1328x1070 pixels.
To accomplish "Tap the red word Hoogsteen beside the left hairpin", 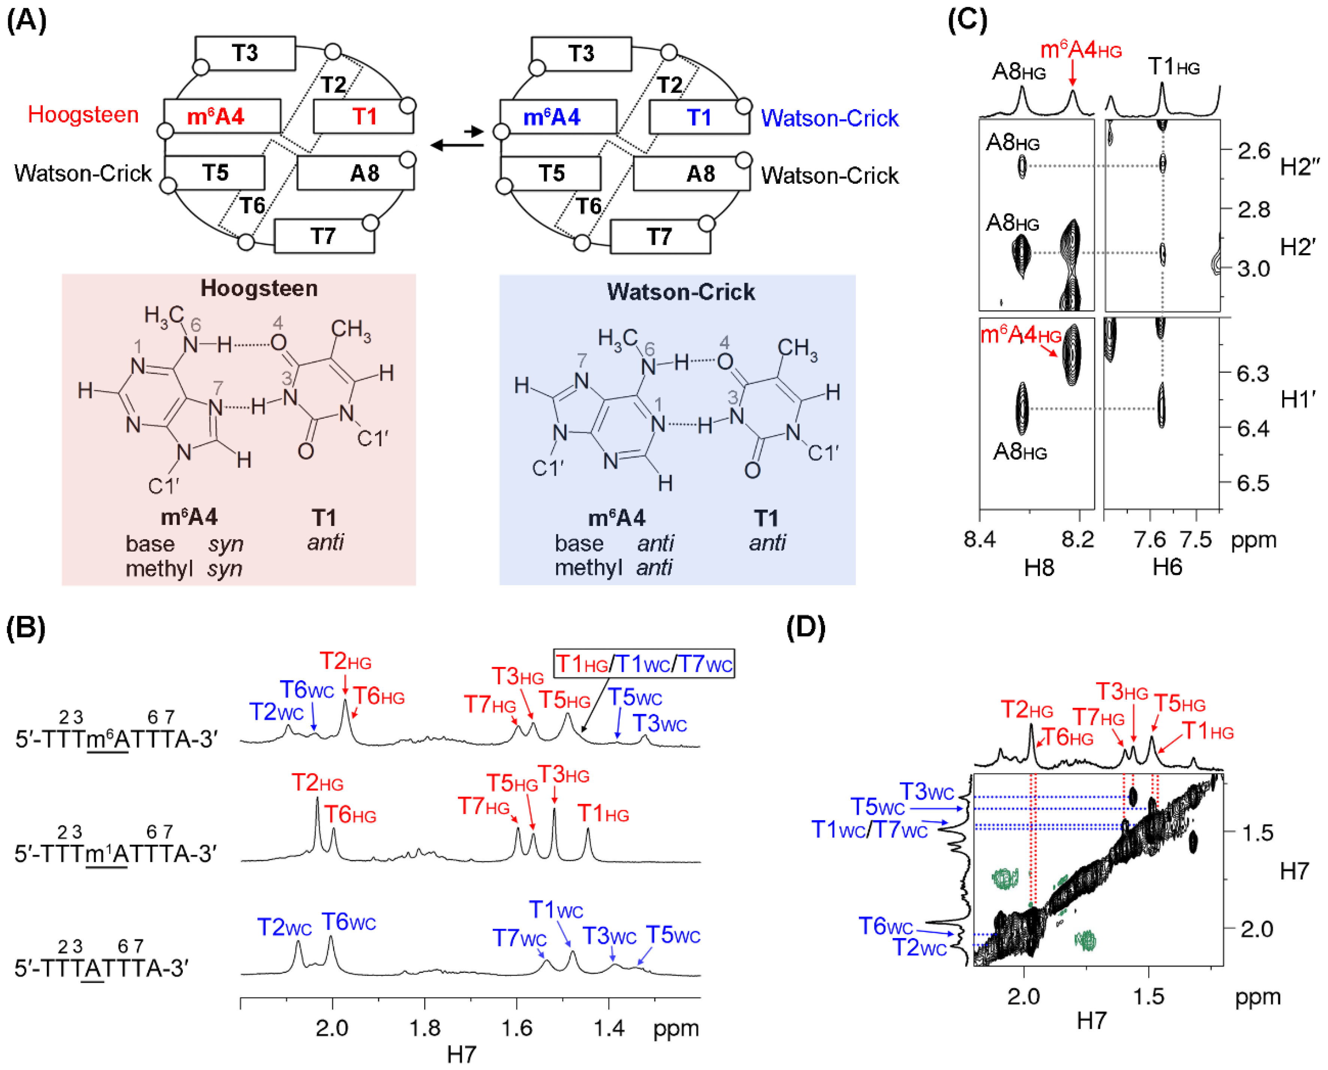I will pyautogui.click(x=83, y=115).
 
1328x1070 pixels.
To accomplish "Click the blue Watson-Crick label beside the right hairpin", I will pyautogui.click(x=829, y=118).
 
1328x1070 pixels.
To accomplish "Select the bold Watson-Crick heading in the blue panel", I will pyautogui.click(x=680, y=292).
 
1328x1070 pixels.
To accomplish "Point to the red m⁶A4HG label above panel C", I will pyautogui.click(x=1080, y=51).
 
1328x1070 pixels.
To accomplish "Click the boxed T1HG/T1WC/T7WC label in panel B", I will pyautogui.click(x=644, y=664).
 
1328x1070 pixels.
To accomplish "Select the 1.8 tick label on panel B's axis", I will pyautogui.click(x=425, y=1028).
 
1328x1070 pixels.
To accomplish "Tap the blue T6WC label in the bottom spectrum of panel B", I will pyautogui.click(x=348, y=922).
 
